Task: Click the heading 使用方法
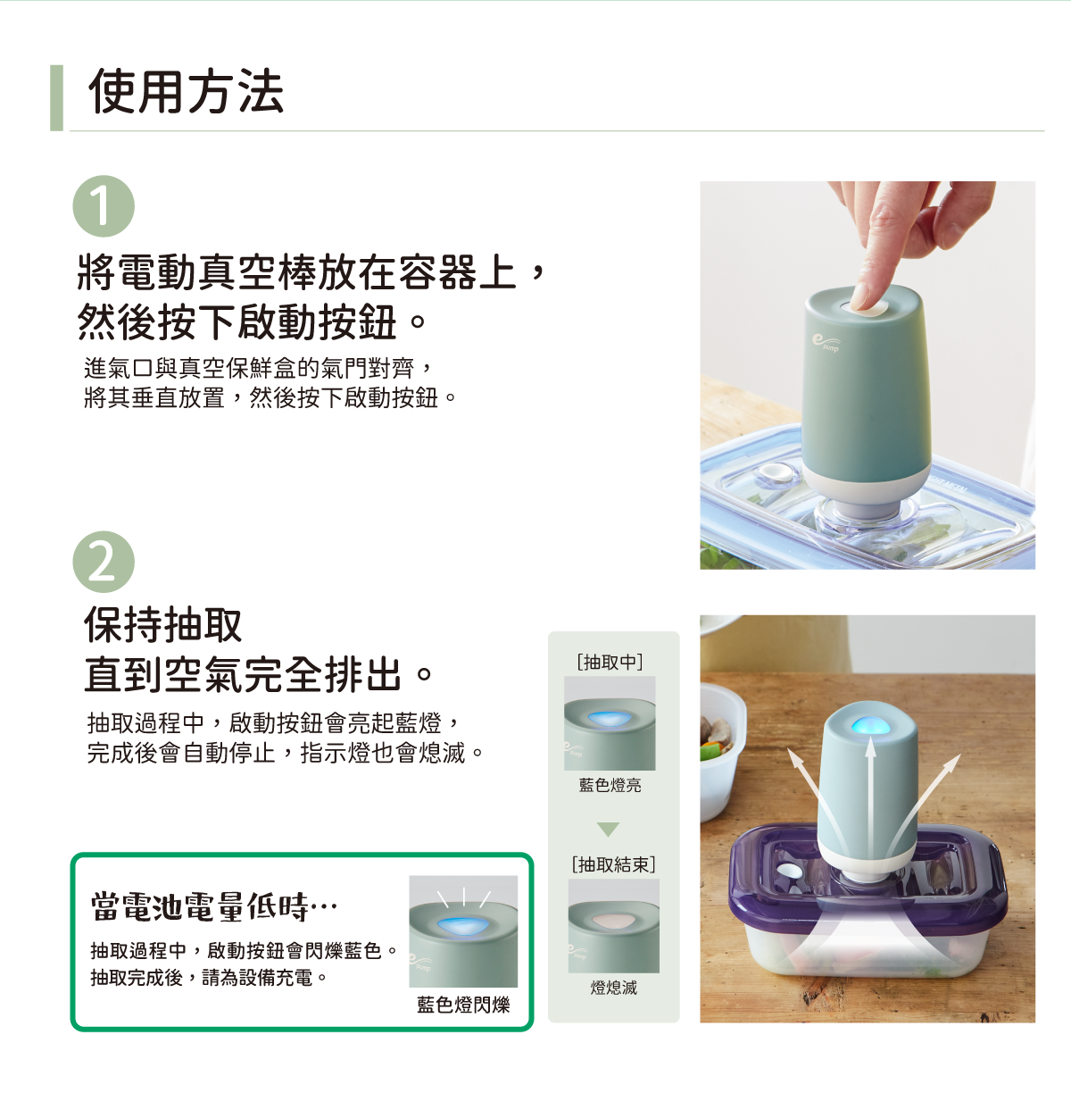186,92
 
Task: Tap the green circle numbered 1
104,206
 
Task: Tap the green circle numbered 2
104,562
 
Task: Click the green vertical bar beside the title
57,98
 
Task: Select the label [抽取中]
610,662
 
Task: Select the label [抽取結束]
613,864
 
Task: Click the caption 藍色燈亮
610,785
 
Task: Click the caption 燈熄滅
613,988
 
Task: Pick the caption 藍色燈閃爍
463,1005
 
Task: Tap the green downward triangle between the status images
609,830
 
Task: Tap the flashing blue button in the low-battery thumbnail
463,925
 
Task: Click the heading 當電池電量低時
213,905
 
